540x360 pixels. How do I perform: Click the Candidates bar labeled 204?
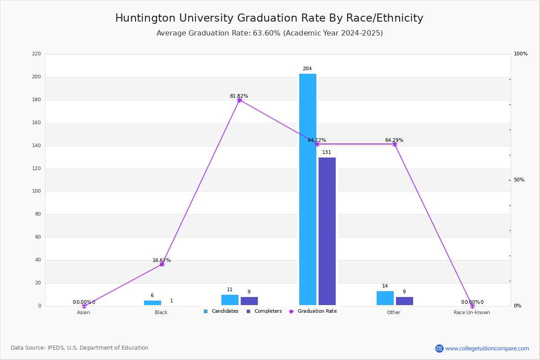(x=308, y=189)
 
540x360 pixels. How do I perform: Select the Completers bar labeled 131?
(x=327, y=231)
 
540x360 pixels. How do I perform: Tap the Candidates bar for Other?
(x=385, y=298)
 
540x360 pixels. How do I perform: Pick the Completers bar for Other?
(x=404, y=301)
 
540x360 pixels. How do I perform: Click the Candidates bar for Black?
(x=153, y=303)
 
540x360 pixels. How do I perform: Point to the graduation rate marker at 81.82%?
(x=239, y=100)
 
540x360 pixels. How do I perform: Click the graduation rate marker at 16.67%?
(x=162, y=264)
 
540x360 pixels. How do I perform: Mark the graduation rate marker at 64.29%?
(x=395, y=144)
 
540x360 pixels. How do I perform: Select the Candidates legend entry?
(x=221, y=311)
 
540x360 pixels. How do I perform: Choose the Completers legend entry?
(x=264, y=311)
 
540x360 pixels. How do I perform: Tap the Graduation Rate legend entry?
(x=313, y=311)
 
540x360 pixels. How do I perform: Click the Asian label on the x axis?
(x=83, y=312)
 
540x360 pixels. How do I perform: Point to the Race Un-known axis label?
(x=472, y=312)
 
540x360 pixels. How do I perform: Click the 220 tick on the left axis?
(x=36, y=54)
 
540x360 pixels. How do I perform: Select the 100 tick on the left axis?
(x=36, y=191)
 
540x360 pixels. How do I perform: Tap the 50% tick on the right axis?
(x=519, y=180)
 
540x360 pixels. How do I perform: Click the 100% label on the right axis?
(x=521, y=54)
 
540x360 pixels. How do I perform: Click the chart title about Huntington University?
(x=269, y=18)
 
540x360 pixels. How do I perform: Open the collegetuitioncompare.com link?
(x=487, y=348)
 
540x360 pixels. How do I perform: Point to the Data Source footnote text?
(x=80, y=348)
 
